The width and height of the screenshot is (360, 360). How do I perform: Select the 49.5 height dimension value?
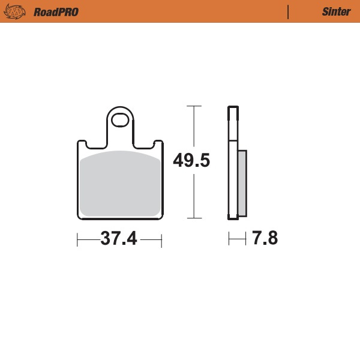pos(191,161)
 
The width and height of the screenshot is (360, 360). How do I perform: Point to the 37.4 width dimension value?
pos(119,239)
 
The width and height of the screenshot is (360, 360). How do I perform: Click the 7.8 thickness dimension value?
pos(265,239)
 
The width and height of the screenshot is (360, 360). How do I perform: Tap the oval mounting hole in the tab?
pos(120,119)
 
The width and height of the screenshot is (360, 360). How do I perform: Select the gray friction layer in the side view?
pos(242,183)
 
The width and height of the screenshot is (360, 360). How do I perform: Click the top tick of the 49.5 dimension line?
pos(193,106)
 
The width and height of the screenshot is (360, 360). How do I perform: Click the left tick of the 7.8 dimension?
pos(229,240)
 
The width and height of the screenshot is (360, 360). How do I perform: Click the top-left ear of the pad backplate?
pos(82,144)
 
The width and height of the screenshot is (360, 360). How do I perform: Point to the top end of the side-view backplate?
pos(231,109)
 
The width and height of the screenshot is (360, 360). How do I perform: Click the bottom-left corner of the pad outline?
pos(80,218)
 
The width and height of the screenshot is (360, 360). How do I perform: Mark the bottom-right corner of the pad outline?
pos(161,218)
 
